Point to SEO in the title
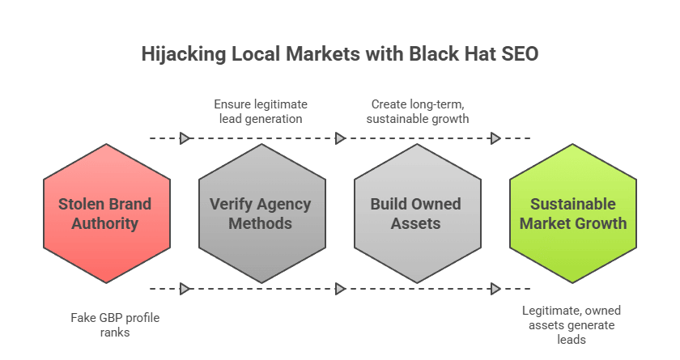(518, 55)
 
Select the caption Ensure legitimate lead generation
(261, 112)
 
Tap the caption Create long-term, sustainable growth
(417, 112)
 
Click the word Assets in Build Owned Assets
(416, 223)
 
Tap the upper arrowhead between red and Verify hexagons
(185, 138)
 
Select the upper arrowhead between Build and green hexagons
(495, 138)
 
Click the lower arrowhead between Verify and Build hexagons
(340, 289)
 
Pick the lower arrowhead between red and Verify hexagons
(185, 289)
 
